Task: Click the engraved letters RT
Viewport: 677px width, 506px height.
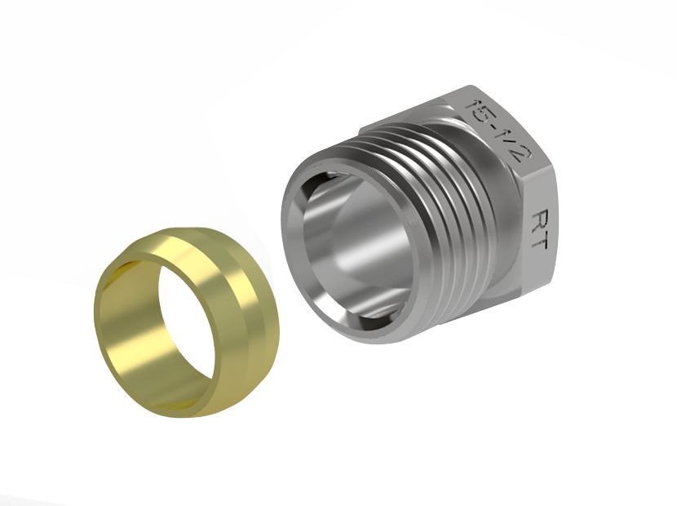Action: tap(540, 229)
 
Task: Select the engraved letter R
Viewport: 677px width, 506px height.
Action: tap(540, 219)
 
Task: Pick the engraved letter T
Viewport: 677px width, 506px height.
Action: tap(540, 241)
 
